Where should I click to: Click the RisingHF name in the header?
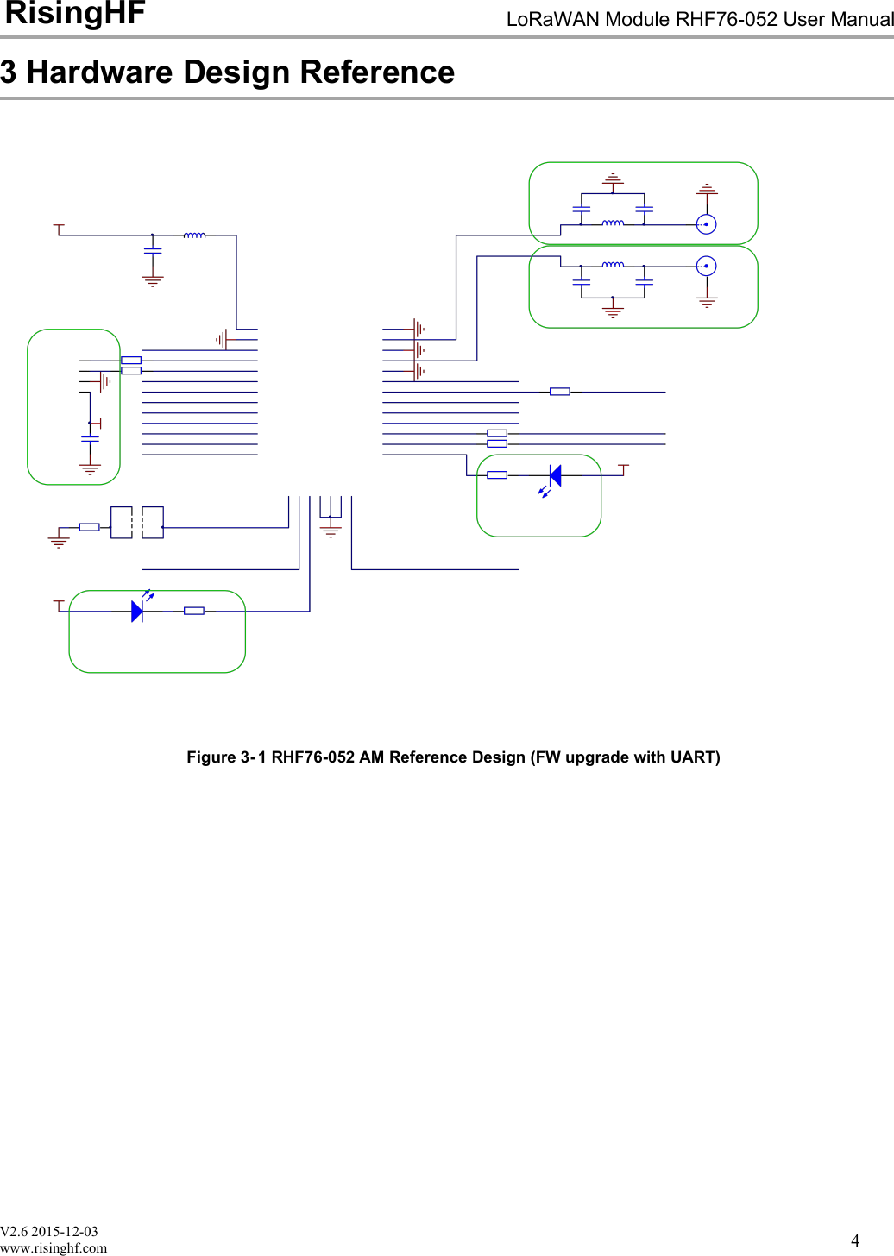(75, 14)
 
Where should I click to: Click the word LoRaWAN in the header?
(544, 20)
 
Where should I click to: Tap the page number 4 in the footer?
(855, 1240)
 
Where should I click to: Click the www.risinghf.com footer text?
(54, 1247)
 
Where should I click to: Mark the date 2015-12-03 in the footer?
(65, 1232)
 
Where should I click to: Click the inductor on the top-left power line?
(194, 235)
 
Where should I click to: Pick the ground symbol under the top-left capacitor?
(153, 281)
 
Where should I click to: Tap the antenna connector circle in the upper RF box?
(706, 224)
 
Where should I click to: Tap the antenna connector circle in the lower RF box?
(706, 266)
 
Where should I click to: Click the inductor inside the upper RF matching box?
(613, 223)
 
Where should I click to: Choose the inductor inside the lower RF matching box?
(613, 265)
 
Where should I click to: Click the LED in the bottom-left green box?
(137, 611)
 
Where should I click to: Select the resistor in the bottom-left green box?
(194, 611)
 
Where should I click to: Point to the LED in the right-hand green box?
(555, 475)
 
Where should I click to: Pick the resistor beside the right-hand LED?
(497, 475)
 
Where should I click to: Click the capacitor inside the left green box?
(90, 439)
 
